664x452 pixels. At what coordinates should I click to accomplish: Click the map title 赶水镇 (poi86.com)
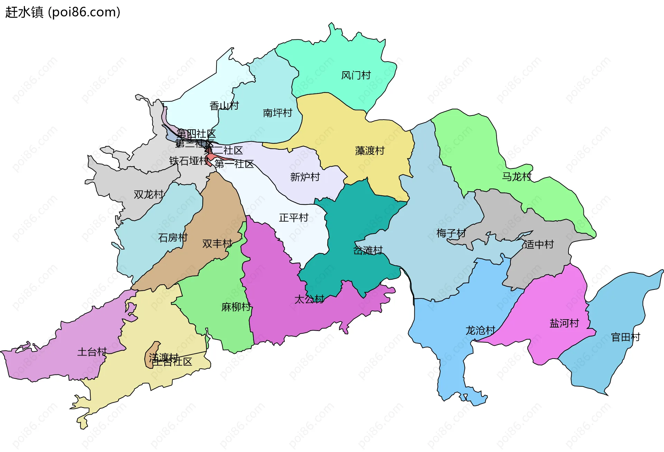(63, 12)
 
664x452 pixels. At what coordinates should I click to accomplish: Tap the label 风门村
(356, 75)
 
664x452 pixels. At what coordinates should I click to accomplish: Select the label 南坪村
(277, 113)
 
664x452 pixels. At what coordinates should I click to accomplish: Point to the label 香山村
(224, 106)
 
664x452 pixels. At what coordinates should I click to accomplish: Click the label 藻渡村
(370, 151)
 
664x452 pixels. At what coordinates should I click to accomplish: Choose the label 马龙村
(517, 177)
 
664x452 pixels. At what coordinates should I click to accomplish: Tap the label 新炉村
(305, 177)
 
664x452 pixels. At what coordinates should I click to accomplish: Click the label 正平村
(294, 218)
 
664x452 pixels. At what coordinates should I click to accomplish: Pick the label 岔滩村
(368, 250)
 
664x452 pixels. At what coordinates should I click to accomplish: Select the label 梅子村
(451, 233)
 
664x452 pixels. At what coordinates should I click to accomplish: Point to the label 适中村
(539, 245)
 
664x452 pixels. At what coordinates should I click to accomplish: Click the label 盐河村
(564, 323)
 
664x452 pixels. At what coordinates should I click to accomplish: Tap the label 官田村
(626, 337)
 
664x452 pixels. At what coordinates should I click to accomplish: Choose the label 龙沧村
(480, 331)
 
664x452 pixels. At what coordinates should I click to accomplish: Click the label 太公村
(309, 299)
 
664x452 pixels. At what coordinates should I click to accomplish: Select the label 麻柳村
(236, 307)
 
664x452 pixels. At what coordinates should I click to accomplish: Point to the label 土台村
(92, 352)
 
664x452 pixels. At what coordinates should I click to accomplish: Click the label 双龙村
(148, 194)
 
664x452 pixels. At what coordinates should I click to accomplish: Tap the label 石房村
(173, 238)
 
